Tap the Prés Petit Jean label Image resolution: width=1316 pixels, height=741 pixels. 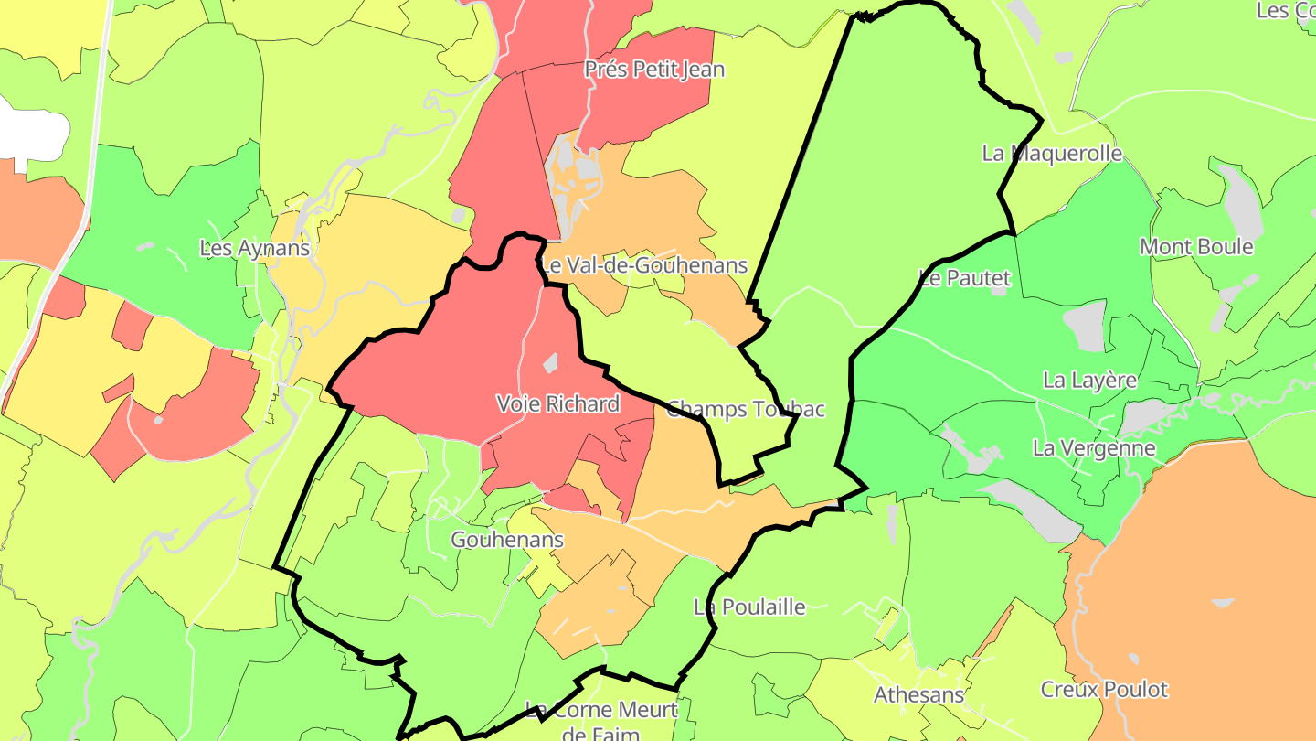click(x=654, y=70)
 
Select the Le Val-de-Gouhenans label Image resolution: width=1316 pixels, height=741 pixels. click(x=645, y=266)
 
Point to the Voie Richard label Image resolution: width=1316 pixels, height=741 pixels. click(x=557, y=403)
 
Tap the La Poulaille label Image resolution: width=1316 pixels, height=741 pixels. click(x=749, y=607)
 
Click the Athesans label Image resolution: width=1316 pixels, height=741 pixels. click(x=918, y=694)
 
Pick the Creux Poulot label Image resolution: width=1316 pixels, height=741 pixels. click(x=1104, y=689)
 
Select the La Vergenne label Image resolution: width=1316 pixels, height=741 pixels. click(x=1094, y=448)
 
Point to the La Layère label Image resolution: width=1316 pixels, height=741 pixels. click(x=1090, y=380)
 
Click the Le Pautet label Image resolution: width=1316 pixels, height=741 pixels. click(x=965, y=278)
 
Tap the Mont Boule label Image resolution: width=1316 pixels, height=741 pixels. click(x=1196, y=247)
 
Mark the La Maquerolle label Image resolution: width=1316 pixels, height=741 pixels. click(x=1052, y=153)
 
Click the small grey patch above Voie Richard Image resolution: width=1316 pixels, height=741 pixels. click(x=550, y=363)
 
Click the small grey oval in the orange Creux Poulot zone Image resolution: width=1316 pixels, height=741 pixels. click(x=1221, y=603)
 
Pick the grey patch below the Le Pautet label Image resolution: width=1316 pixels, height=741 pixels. click(x=1085, y=327)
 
